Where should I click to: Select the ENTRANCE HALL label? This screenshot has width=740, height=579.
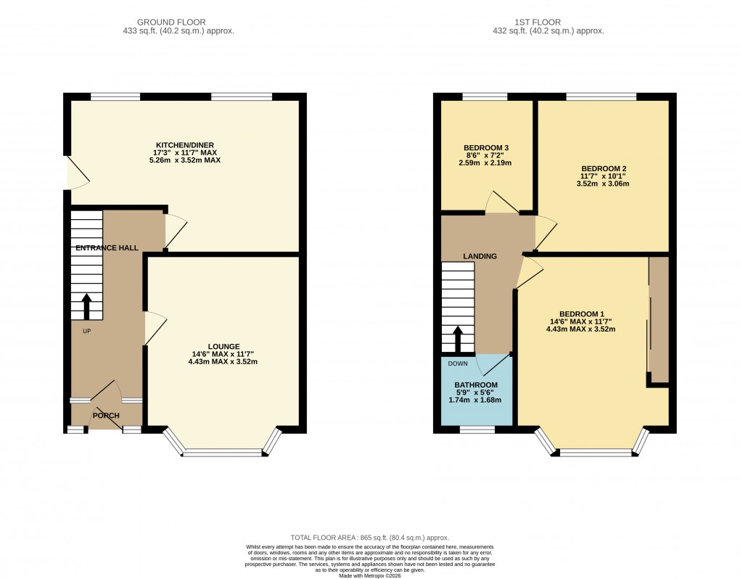pyautogui.click(x=107, y=248)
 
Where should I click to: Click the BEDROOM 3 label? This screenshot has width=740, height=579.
pyautogui.click(x=486, y=148)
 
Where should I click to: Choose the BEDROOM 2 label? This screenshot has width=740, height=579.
pyautogui.click(x=603, y=168)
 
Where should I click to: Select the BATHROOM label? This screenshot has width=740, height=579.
pyautogui.click(x=476, y=385)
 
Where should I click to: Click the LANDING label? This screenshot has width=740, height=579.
pyautogui.click(x=480, y=256)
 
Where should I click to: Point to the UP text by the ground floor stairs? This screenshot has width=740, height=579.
pyautogui.click(x=86, y=331)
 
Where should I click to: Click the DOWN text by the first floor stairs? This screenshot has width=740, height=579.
pyautogui.click(x=458, y=364)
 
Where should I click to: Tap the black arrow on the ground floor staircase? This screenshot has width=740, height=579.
pyautogui.click(x=86, y=306)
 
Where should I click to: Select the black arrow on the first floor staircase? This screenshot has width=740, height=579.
pyautogui.click(x=458, y=339)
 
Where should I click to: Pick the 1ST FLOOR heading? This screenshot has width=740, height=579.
pyautogui.click(x=556, y=22)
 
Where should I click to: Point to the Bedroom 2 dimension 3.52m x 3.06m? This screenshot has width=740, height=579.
pyautogui.click(x=603, y=184)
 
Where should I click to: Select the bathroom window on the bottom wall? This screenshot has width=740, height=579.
pyautogui.click(x=477, y=430)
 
